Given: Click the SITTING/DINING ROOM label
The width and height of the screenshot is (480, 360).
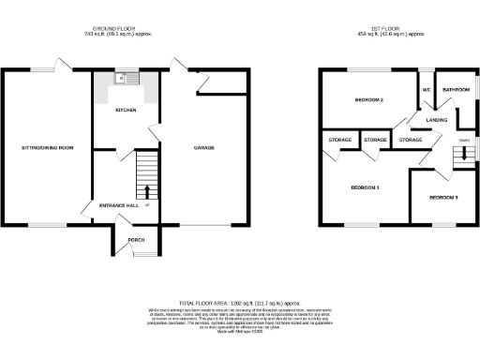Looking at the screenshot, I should [47, 148].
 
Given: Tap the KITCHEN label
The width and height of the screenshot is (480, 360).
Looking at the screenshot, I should [126, 111].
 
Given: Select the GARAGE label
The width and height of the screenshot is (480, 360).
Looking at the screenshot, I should [204, 148].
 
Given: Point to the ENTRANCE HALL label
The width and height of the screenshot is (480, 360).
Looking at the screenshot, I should [118, 205].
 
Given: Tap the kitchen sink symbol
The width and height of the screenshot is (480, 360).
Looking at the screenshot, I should [122, 79].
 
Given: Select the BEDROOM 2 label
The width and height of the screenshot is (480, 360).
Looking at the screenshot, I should [370, 99].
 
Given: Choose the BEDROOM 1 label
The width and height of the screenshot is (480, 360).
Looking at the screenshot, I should [365, 187].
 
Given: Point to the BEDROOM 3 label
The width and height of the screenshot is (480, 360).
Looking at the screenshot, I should [443, 199].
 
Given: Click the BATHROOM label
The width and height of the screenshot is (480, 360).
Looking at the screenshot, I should [457, 90].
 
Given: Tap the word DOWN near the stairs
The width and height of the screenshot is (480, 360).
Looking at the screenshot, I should [463, 142].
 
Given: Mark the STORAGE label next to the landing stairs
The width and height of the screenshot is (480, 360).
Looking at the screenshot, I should [411, 141].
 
